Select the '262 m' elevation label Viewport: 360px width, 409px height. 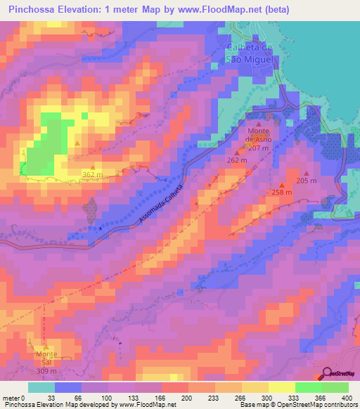237,160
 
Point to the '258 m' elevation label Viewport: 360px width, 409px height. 281,193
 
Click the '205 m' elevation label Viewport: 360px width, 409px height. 307,181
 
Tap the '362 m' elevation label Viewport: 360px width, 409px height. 93,174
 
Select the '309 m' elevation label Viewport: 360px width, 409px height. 47,371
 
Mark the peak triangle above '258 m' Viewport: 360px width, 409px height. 281,185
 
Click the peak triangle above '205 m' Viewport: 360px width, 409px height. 305,173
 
